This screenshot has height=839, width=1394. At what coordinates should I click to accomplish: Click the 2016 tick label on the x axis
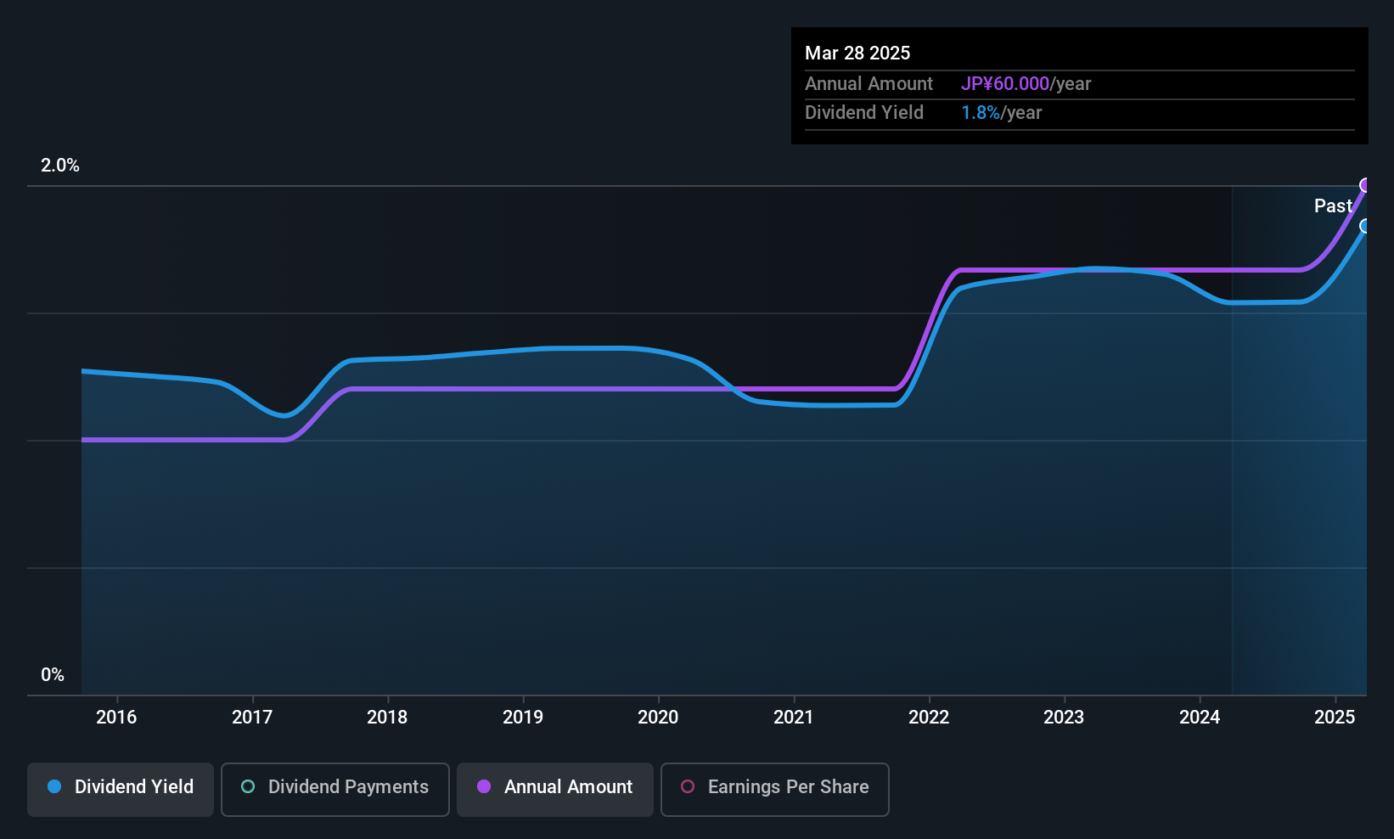pos(116,717)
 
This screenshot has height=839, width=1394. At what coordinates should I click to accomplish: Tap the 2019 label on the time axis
pos(523,717)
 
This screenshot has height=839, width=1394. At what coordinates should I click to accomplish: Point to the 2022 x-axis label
pos(929,717)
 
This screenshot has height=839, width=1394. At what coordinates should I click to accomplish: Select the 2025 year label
pos(1335,717)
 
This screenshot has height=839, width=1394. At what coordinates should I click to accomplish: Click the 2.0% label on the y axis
pos(60,166)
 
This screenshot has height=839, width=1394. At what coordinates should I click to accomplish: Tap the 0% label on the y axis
pos(53,675)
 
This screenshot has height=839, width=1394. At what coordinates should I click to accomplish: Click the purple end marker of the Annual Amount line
pos(1365,185)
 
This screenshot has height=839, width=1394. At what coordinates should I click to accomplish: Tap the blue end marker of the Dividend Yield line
pos(1365,226)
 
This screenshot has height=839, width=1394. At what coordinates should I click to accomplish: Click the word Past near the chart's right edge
pos(1333,206)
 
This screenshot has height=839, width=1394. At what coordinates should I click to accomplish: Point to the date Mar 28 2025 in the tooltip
pos(857,53)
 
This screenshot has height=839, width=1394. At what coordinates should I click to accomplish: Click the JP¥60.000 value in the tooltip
pos(1005,83)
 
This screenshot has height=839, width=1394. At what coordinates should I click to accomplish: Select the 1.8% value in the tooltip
pos(981,113)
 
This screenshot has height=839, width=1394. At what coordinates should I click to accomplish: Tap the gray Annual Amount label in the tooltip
pos(868,83)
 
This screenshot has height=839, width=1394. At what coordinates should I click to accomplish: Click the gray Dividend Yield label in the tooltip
pos(863,113)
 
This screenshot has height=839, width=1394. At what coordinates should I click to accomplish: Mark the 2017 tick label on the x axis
pos(252,717)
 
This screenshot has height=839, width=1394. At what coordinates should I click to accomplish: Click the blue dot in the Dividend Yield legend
pos(54,786)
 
